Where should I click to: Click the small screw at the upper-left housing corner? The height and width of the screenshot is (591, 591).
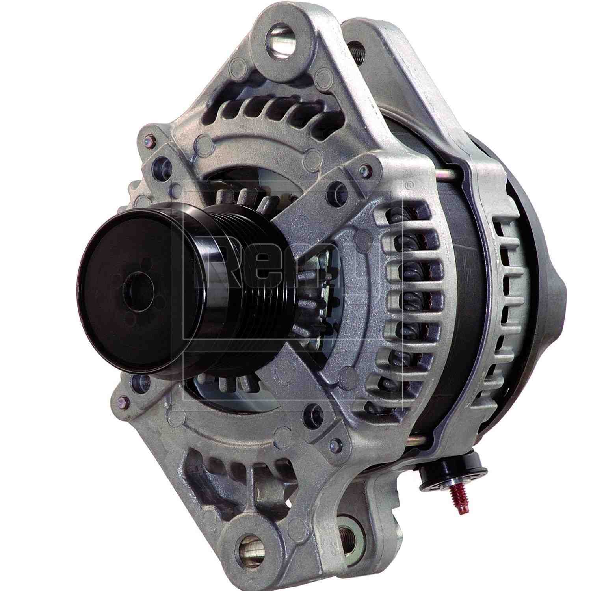(149, 139)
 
